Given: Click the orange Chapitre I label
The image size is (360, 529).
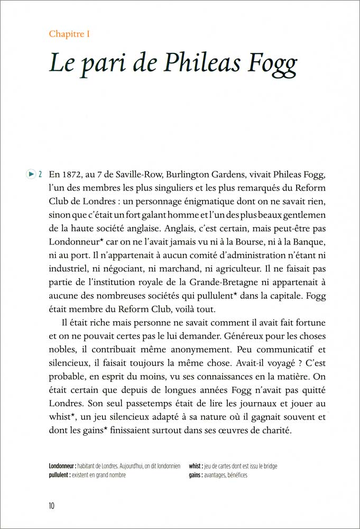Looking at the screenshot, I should point(69,34).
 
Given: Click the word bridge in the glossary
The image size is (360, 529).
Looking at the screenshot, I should point(268,466).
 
